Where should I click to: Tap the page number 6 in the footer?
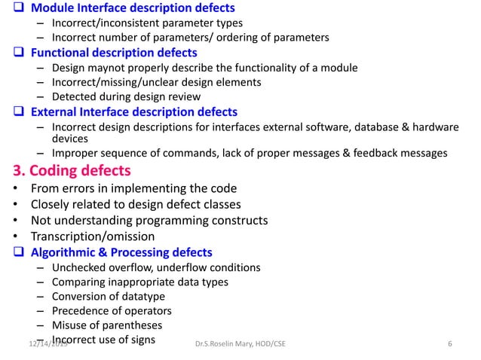(449, 344)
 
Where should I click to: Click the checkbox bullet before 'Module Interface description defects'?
(9, 8)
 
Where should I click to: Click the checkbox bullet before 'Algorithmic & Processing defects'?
(9, 252)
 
